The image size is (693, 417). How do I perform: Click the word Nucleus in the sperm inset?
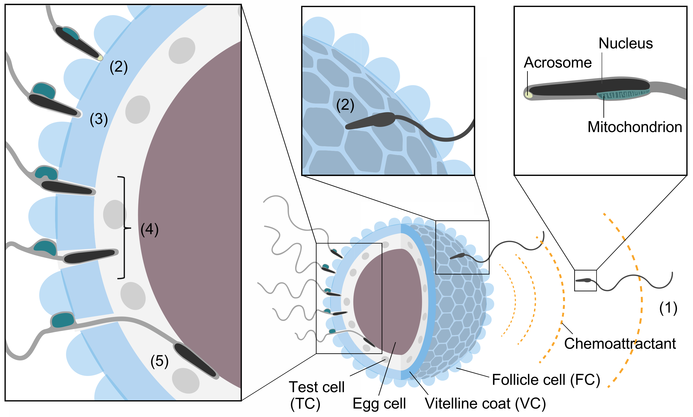point(625,44)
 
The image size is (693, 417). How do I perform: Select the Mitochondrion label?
point(634,127)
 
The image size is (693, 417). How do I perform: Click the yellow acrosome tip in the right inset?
point(529,95)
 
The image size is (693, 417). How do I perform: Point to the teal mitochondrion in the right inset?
point(623,94)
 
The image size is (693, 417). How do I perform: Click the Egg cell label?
point(379,403)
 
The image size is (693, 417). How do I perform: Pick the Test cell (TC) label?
point(316,395)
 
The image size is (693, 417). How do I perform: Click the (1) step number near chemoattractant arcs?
point(668,308)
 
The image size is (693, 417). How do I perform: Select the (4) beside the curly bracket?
point(149,229)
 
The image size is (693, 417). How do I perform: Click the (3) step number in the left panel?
point(99,119)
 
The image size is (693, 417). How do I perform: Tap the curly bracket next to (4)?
point(124,228)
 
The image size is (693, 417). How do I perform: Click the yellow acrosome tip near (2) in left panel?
point(100,58)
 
